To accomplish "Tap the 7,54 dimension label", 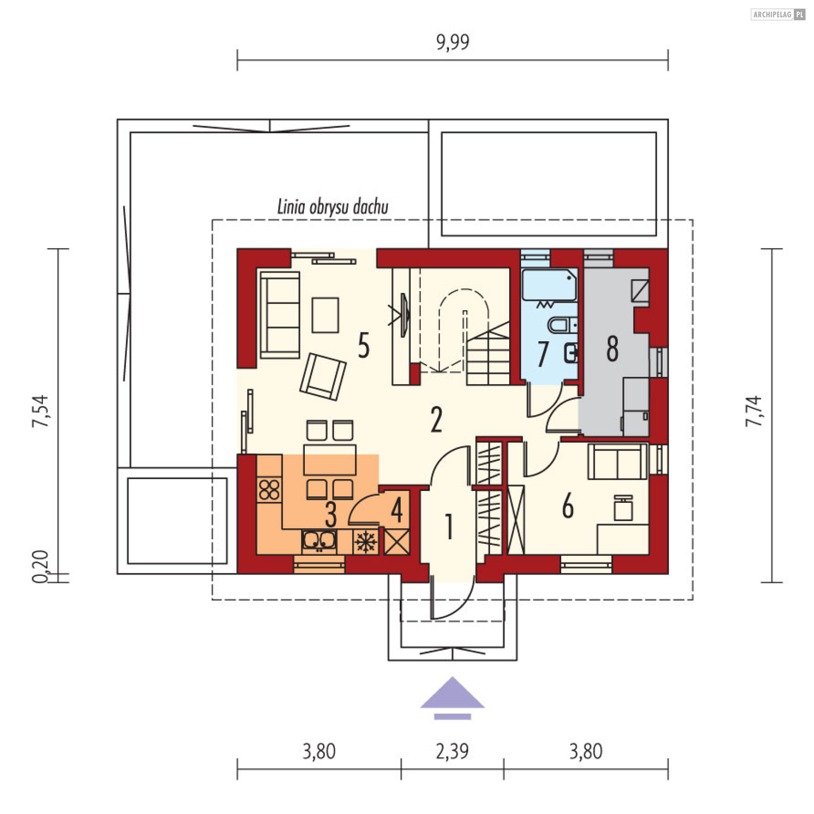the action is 41,411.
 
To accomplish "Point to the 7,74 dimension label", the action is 754,411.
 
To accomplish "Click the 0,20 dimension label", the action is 41,566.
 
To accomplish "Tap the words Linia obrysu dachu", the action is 333,207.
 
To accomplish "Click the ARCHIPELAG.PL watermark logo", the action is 778,14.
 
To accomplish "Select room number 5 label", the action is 364,345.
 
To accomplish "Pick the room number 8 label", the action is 612,348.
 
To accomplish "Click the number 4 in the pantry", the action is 397,510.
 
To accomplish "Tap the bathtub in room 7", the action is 549,284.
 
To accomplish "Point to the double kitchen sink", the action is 319,541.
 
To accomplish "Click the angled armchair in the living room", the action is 323,377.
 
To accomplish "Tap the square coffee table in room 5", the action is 325,315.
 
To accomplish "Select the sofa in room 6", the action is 618,462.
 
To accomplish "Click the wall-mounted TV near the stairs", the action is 405,315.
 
